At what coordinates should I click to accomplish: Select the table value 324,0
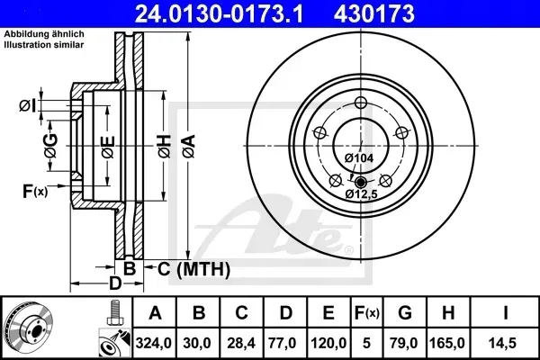tap(154, 342)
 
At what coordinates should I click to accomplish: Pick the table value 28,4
tap(241, 342)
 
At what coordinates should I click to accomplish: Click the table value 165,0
tap(449, 342)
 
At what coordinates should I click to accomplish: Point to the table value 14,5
tap(505, 342)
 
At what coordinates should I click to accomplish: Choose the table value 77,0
tap(285, 342)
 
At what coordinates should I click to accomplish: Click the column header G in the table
tap(405, 314)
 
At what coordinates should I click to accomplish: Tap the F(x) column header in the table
tap(367, 314)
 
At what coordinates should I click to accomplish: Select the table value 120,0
tap(328, 342)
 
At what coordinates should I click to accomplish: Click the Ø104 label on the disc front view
tap(359, 158)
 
